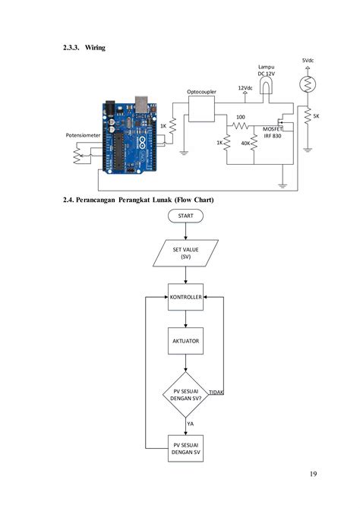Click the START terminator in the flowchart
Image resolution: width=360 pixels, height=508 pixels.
[185, 216]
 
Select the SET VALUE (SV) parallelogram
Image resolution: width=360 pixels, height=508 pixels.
[185, 253]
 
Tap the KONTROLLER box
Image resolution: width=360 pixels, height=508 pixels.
[185, 298]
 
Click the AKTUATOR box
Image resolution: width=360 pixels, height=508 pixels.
[185, 342]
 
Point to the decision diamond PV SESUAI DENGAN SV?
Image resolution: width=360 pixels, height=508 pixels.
[185, 393]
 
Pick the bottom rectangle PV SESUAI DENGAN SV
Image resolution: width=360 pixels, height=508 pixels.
[185, 448]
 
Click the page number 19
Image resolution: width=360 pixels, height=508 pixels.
[313, 475]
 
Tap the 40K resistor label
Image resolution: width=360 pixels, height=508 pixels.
[245, 143]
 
